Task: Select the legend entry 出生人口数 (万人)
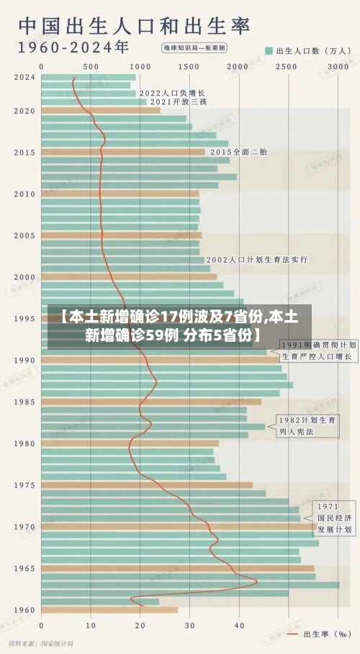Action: (302, 50)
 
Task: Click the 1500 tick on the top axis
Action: (189, 66)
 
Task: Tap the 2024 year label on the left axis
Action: (24, 77)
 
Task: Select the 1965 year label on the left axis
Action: (24, 568)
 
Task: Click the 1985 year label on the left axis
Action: (24, 401)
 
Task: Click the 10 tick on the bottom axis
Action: (91, 625)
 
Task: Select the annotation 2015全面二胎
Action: (238, 152)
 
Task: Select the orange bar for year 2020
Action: (101, 110)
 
